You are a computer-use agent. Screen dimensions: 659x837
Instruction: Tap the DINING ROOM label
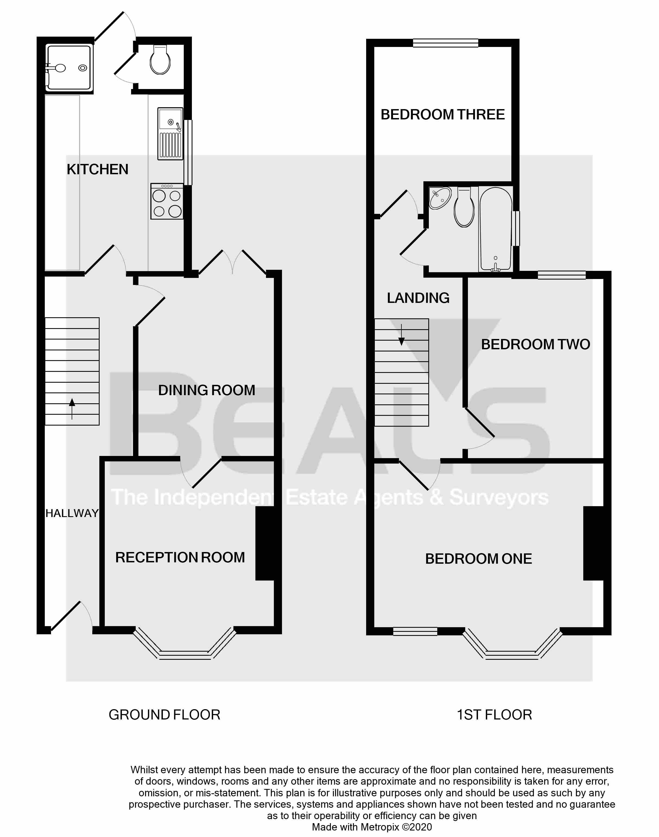[x=207, y=390]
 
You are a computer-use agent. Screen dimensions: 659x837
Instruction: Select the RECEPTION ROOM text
[x=180, y=557]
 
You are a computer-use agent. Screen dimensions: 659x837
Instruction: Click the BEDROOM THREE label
[x=443, y=115]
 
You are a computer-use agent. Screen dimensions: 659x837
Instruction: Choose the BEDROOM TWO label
[x=536, y=344]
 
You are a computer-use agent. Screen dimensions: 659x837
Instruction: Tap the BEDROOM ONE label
[x=479, y=559]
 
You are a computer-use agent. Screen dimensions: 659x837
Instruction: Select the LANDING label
[x=418, y=298]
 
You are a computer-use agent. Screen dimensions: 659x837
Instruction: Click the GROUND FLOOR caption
[x=164, y=715]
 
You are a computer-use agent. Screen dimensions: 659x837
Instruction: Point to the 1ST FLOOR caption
[x=494, y=715]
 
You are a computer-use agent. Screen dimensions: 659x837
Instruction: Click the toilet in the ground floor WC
[x=160, y=60]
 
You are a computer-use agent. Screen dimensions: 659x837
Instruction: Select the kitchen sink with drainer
[x=170, y=134]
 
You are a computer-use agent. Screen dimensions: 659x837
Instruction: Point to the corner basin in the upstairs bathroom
[x=440, y=198]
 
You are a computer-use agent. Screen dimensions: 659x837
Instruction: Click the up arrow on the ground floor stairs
[x=72, y=409]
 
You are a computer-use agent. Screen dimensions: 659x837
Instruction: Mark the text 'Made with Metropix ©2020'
[x=372, y=827]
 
